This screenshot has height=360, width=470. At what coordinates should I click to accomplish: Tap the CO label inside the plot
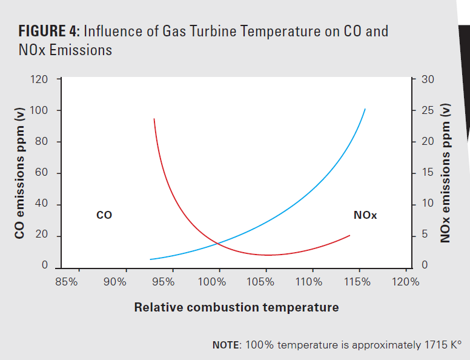pos(104,215)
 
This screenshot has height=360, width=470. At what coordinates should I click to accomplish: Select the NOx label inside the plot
pos(365,215)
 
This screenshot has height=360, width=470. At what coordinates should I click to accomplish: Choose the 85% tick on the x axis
pos(66,282)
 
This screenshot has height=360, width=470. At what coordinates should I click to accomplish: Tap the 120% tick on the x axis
pos(406,282)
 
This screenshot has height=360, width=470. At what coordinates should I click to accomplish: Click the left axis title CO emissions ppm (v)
pos(20,173)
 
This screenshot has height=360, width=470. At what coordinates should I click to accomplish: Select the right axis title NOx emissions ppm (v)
pos(446,173)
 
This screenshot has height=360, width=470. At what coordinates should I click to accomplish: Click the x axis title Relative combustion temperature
pos(236,307)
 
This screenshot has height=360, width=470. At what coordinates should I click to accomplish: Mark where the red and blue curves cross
pos(217,244)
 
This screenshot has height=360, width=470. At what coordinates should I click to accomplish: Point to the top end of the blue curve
pos(365,109)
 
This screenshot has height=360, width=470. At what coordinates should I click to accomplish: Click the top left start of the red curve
pos(154,119)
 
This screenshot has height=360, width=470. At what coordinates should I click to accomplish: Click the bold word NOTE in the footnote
pos(225,345)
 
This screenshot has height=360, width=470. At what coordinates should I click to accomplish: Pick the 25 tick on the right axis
pos(427,111)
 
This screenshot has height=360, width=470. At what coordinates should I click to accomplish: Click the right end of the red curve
pos(350,235)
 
